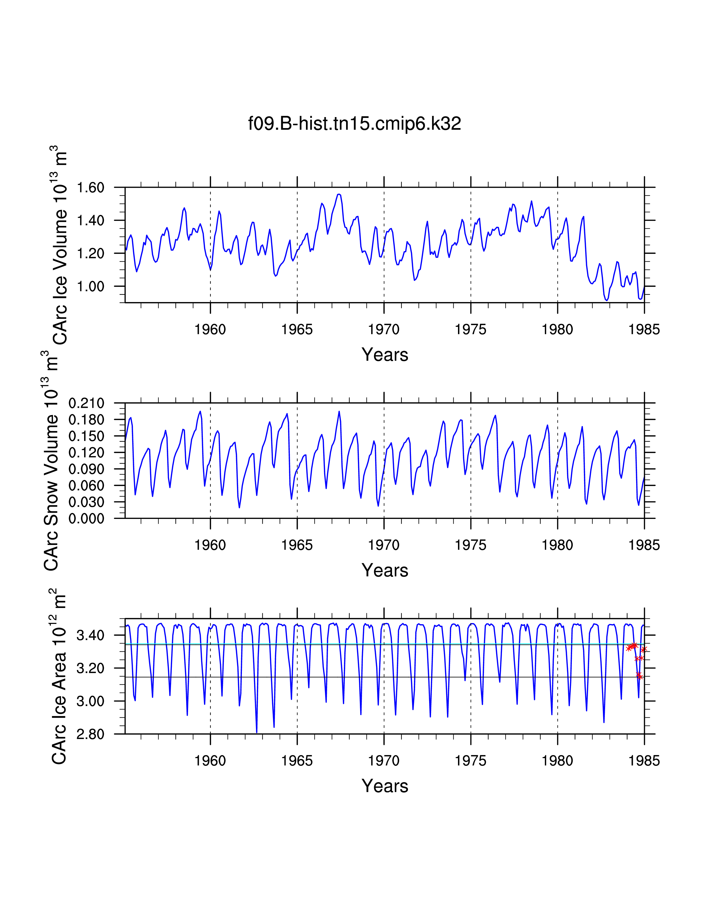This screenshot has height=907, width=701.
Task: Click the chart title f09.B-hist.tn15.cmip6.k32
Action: coord(354,124)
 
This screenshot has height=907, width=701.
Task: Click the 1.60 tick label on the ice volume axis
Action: coord(90,188)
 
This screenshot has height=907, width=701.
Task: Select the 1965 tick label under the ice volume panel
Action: coord(297,329)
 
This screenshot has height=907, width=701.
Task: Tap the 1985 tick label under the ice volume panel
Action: coord(644,329)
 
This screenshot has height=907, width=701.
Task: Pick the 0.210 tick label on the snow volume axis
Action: coord(86,403)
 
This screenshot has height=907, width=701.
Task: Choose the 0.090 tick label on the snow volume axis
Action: coord(86,469)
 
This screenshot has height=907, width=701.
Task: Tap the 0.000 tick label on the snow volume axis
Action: coord(86,518)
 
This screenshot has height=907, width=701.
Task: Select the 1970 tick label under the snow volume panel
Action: coord(384,545)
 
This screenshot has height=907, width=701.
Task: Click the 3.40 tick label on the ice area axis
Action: coord(90,635)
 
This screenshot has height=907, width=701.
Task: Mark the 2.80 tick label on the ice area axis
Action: coord(90,734)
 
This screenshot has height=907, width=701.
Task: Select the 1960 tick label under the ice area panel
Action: coord(210,761)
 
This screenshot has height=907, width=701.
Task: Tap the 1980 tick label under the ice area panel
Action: coord(557,761)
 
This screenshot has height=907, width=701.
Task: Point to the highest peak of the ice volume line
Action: coord(339,194)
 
